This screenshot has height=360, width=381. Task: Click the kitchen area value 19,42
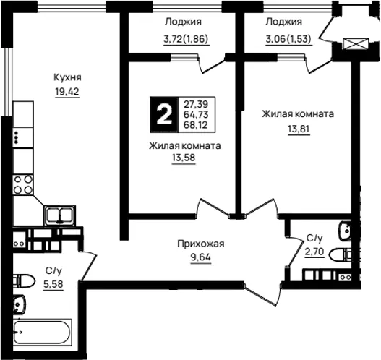pyautogui.click(x=67, y=92)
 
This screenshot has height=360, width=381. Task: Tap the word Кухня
pyautogui.click(x=67, y=78)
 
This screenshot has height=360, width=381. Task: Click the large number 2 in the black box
pyautogui.click(x=164, y=114)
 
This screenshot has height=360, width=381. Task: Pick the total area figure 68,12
pyautogui.click(x=196, y=125)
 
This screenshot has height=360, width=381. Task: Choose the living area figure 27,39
pyautogui.click(x=196, y=104)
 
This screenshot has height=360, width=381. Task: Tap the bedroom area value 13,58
pyautogui.click(x=184, y=158)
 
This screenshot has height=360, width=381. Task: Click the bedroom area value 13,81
pyautogui.click(x=299, y=129)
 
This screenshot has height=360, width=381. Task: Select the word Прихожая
pyautogui.click(x=201, y=244)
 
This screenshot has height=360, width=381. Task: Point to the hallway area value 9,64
pyautogui.click(x=201, y=257)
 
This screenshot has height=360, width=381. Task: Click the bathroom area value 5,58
pyautogui.click(x=53, y=283)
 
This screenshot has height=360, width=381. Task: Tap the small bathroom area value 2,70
pyautogui.click(x=314, y=252)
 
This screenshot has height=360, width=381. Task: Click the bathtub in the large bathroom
pyautogui.click(x=43, y=332)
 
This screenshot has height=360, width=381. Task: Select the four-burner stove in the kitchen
pyautogui.click(x=23, y=185)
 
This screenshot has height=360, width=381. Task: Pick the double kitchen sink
pyautogui.click(x=60, y=215)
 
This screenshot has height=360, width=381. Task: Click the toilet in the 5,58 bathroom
pyautogui.click(x=24, y=281)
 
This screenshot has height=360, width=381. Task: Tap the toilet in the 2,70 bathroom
pyautogui.click(x=340, y=254)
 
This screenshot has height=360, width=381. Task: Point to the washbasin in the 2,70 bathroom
pyautogui.click(x=345, y=231)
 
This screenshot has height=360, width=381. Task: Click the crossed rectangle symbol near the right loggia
pyautogui.click(x=356, y=44)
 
